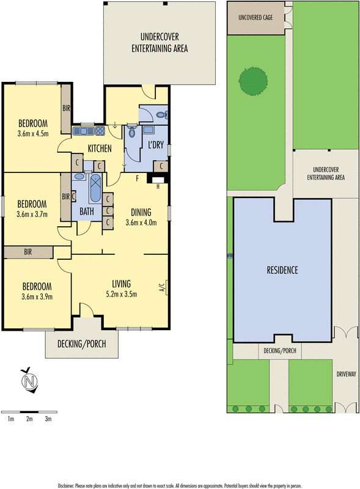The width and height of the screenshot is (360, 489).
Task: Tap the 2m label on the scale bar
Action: (x=29, y=419)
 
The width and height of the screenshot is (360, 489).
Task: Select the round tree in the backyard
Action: (x=253, y=81)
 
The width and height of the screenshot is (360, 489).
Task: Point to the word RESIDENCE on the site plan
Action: (x=282, y=270)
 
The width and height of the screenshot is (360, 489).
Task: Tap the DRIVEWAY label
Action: (x=346, y=374)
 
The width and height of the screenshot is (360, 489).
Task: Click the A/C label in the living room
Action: (x=162, y=287)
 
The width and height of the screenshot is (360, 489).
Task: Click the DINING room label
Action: (x=141, y=213)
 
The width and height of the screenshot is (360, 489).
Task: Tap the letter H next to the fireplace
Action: (x=158, y=186)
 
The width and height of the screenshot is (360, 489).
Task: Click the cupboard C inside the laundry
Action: (x=160, y=166)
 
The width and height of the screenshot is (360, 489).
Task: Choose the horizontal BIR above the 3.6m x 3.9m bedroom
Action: (x=28, y=252)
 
